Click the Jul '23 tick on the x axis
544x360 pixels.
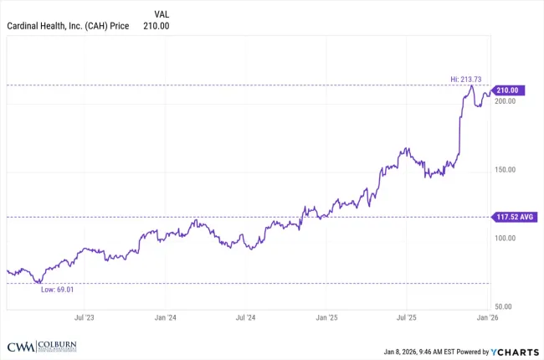tap(84, 318)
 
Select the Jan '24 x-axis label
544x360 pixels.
tap(165, 318)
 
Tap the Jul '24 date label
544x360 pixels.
tap(245, 318)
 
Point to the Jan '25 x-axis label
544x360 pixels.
tap(326, 318)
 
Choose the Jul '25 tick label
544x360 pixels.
tap(407, 318)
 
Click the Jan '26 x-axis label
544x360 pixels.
tap(487, 318)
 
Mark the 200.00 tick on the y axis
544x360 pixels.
tap(505, 101)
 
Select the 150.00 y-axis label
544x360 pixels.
tap(505, 170)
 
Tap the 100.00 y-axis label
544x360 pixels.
tap(505, 239)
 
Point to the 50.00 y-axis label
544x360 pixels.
tap(503, 308)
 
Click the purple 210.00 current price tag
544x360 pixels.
tap(509, 90)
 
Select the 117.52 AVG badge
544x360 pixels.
tap(514, 216)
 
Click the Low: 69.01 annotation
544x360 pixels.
tap(58, 290)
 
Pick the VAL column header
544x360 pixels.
tap(162, 14)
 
